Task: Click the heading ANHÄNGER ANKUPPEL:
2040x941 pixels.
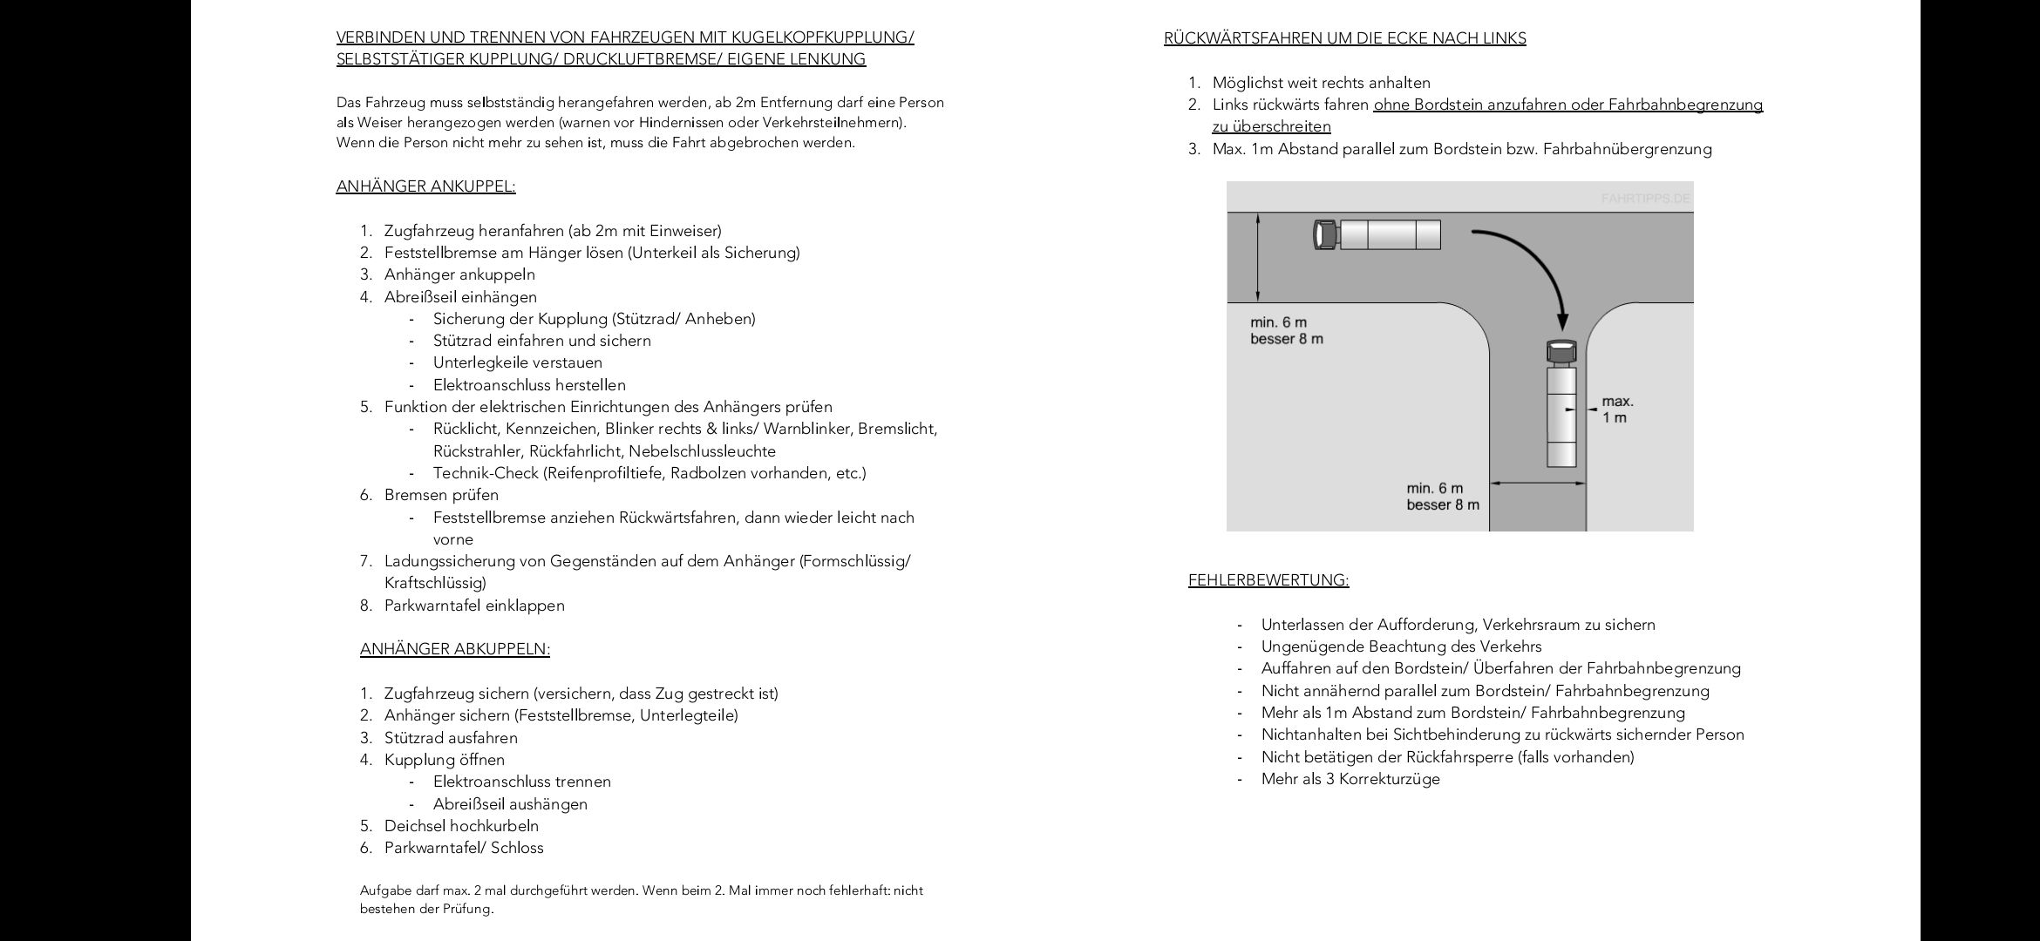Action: (x=425, y=186)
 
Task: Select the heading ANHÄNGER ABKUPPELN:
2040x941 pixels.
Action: (x=454, y=649)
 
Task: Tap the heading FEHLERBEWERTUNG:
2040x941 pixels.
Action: (x=1268, y=580)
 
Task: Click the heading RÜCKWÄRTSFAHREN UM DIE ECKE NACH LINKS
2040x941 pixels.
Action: (x=1344, y=38)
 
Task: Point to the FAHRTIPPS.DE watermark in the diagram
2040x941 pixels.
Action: (x=1645, y=199)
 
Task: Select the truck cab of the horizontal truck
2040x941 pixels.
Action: (x=1325, y=235)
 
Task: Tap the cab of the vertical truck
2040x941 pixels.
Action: (x=1561, y=351)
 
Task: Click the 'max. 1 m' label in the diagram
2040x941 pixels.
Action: (x=1617, y=410)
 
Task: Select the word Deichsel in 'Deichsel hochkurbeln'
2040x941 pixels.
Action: (x=415, y=826)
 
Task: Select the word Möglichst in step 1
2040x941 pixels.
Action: (x=1248, y=83)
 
